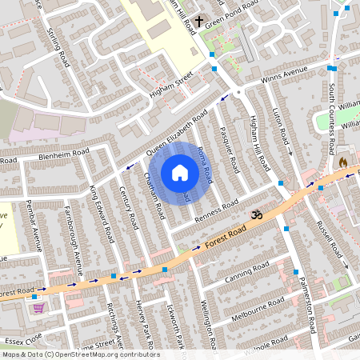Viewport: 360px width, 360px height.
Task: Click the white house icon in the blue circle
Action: click(180, 173)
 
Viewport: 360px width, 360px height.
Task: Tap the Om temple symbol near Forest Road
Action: click(257, 214)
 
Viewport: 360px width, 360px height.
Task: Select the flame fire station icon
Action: click(343, 162)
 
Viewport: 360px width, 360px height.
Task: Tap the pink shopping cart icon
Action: click(37, 306)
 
